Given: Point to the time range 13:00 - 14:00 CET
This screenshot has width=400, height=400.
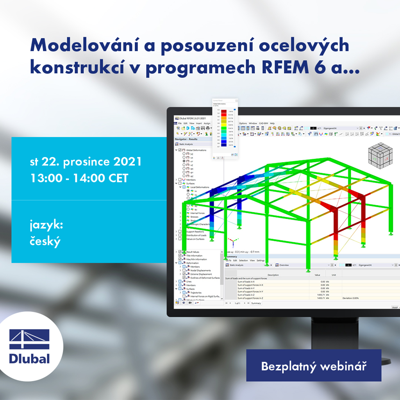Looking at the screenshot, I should coord(79,178).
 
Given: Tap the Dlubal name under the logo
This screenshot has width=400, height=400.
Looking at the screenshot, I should coord(30,359).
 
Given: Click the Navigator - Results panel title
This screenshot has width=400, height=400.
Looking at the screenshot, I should coord(187,139).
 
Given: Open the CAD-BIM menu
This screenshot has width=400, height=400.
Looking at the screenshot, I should coord(264,123).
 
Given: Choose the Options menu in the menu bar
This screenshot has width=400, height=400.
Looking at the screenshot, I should coord(243,123).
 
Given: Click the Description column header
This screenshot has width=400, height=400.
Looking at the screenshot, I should coord(273,275).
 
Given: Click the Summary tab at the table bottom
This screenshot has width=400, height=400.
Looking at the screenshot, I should coord(256,303).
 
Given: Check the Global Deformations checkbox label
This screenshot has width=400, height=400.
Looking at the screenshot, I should coord(196,150).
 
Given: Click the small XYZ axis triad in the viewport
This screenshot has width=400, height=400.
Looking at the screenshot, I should coord(232,242).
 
